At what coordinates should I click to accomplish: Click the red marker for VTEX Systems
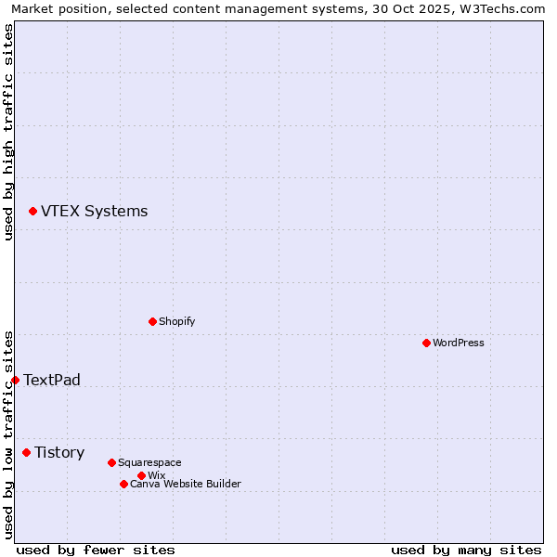click(x=32, y=212)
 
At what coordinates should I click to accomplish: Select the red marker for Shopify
click(x=152, y=321)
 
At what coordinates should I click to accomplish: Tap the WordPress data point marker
click(x=426, y=343)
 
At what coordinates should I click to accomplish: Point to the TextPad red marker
click(x=15, y=380)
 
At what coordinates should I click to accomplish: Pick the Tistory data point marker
click(x=26, y=452)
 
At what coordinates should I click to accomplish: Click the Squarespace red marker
click(x=111, y=462)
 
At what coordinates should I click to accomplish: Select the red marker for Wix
click(x=141, y=475)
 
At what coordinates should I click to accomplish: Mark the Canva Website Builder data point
click(x=123, y=484)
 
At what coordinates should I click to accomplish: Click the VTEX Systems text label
click(x=94, y=212)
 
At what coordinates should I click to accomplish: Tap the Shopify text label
click(x=176, y=321)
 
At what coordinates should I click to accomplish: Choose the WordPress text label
click(x=459, y=343)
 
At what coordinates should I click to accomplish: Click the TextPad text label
click(x=52, y=380)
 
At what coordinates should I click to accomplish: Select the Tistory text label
click(x=59, y=452)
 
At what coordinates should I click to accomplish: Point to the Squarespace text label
click(x=149, y=462)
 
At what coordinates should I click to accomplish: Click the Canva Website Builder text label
click(x=186, y=484)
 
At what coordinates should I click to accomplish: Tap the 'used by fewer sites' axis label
click(x=96, y=550)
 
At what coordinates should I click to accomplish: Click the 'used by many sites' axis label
click(x=466, y=550)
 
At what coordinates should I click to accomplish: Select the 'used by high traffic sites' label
click(x=8, y=132)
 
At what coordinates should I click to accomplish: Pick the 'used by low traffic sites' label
click(x=8, y=434)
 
